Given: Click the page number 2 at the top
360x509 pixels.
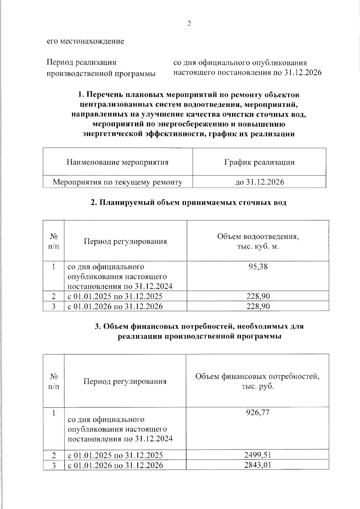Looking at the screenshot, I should tap(189, 24).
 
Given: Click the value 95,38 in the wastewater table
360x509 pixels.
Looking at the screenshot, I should tap(258, 266).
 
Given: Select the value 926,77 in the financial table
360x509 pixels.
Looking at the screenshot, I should tap(258, 412).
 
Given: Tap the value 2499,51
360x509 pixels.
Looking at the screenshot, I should tap(258, 455).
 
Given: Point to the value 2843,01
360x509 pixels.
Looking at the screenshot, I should tap(258, 465).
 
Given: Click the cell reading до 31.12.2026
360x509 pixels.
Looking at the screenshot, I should tap(259, 182).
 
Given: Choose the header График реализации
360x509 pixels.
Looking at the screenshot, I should tap(259, 162).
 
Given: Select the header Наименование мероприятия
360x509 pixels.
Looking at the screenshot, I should tap(117, 162).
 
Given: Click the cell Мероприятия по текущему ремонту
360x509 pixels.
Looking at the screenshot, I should tap(117, 182).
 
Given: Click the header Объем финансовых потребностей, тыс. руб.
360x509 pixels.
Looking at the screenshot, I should tap(257, 381).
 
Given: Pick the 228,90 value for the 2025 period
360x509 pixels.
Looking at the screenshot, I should tap(258, 296).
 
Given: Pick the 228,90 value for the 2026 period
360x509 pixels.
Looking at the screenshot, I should tap(258, 306).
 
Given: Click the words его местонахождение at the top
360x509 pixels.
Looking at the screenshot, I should tap(85, 41).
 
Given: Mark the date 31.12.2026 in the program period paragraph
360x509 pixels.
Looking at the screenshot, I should tap(302, 73).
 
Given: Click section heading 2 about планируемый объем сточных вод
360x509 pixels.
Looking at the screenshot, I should tap(188, 202).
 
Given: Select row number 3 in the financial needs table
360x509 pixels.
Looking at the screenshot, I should tap(54, 465).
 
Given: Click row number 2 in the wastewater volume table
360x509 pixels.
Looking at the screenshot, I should tap(54, 296).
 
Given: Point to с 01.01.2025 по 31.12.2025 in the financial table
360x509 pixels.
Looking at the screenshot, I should tap(115, 455).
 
